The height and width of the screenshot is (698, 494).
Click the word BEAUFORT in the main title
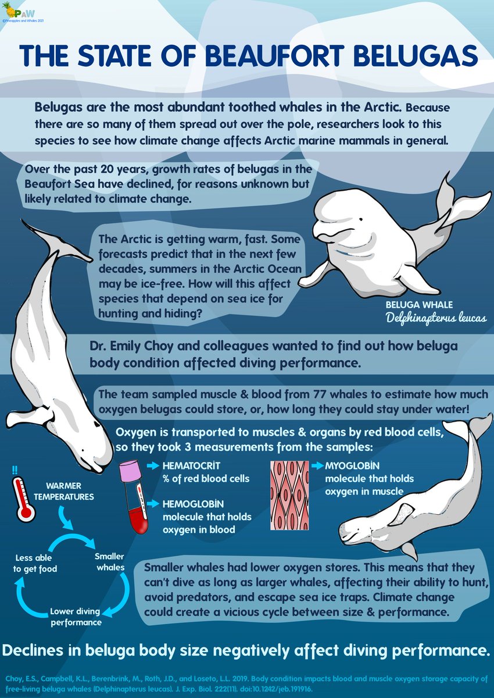(x=274, y=55)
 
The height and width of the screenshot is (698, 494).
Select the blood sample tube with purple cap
(x=134, y=497)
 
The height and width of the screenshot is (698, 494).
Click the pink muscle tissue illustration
(x=289, y=495)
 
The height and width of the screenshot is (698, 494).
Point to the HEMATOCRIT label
(x=191, y=466)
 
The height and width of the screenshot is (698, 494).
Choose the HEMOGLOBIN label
(x=193, y=504)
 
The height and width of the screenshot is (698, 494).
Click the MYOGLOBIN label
(x=352, y=466)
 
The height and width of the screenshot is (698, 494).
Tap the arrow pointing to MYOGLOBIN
(x=317, y=466)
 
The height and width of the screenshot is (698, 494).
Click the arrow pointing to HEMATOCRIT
(x=153, y=466)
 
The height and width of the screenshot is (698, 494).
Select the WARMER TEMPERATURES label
(x=64, y=492)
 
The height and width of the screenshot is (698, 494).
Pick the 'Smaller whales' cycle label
(x=110, y=562)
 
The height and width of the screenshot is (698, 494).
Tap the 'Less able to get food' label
(x=35, y=563)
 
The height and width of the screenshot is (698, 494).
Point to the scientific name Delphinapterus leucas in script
(x=436, y=318)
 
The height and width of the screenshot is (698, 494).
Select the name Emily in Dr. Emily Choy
(x=125, y=346)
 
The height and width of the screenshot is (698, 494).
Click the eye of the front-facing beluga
(x=360, y=219)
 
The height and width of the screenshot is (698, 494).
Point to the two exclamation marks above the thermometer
(x=15, y=470)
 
